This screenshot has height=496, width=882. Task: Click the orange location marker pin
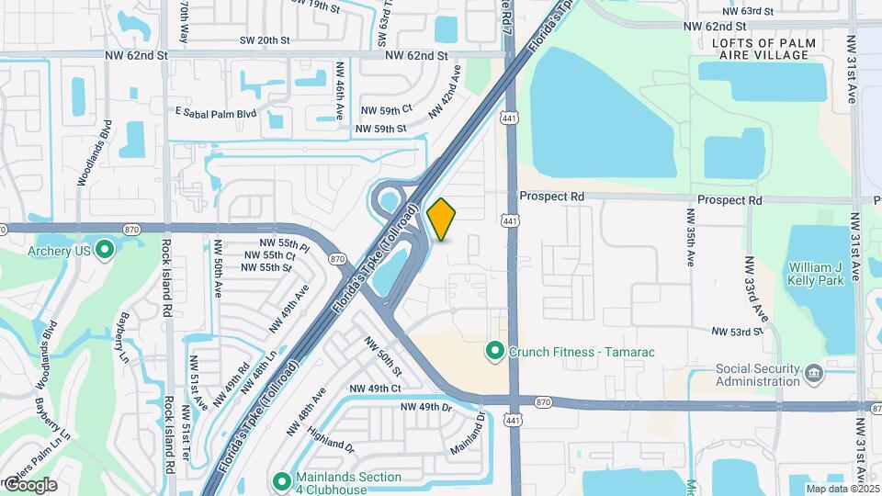tap(442, 219)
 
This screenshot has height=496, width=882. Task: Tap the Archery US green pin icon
tap(104, 249)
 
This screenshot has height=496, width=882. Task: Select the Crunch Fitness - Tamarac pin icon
tap(494, 351)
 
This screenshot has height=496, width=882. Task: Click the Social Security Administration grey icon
tap(813, 373)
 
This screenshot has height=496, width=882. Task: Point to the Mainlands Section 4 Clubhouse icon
tap(283, 480)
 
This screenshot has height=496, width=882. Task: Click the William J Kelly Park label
tap(816, 274)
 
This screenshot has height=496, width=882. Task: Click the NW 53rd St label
tap(736, 332)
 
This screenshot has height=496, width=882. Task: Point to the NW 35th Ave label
tap(689, 237)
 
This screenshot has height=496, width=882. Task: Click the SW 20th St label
tap(265, 40)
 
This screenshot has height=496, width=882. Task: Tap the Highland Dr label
tap(332, 440)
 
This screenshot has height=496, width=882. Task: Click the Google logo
tap(29, 485)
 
